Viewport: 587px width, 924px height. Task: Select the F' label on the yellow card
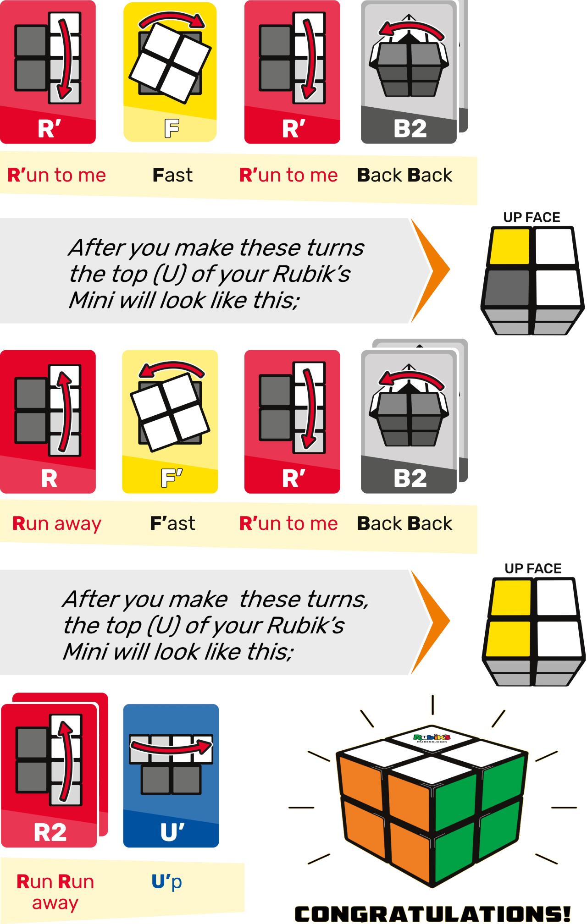tap(171, 478)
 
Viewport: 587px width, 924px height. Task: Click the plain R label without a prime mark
tap(49, 478)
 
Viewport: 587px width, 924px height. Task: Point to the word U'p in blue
tap(166, 881)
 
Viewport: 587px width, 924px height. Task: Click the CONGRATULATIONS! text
tap(432, 913)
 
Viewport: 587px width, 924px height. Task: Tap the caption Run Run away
tap(55, 891)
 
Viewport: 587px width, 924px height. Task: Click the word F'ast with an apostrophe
tap(172, 523)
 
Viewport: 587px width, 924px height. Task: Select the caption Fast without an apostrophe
tap(172, 175)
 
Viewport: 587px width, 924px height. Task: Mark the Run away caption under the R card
tap(56, 523)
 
